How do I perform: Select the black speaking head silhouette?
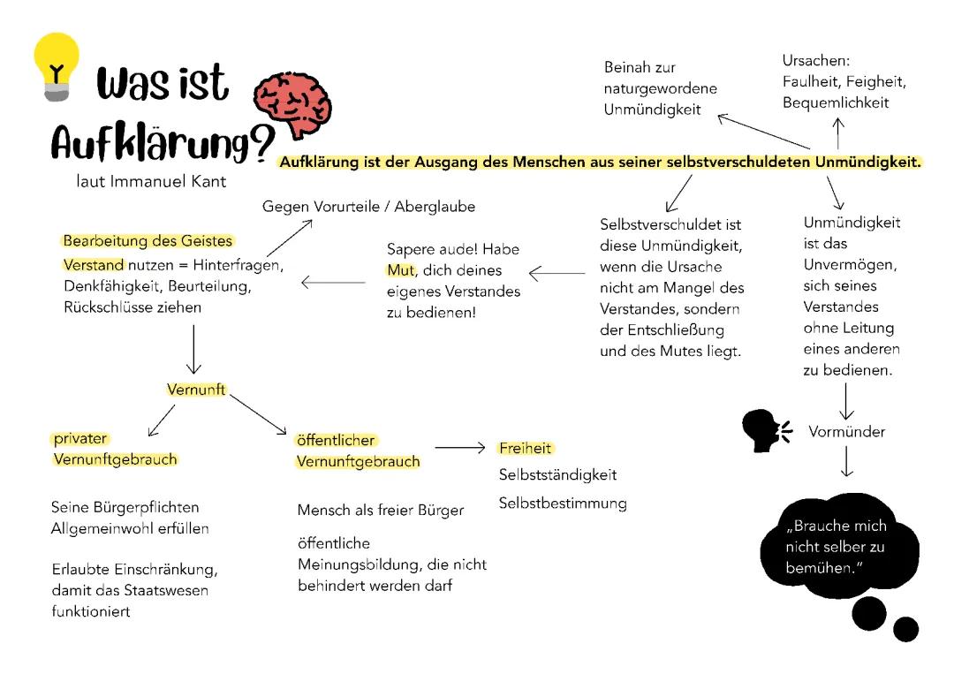coord(764,431)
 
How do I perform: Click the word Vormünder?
coord(846,432)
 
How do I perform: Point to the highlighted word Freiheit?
coord(525,449)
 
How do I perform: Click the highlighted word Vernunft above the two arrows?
coord(196,389)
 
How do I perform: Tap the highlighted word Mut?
coord(399,270)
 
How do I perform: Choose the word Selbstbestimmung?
coord(563,504)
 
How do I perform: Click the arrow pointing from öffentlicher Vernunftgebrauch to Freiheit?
coord(460,449)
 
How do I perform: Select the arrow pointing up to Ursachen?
coord(838,132)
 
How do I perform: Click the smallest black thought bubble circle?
coord(905,629)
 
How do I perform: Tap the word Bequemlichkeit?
coord(836,102)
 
